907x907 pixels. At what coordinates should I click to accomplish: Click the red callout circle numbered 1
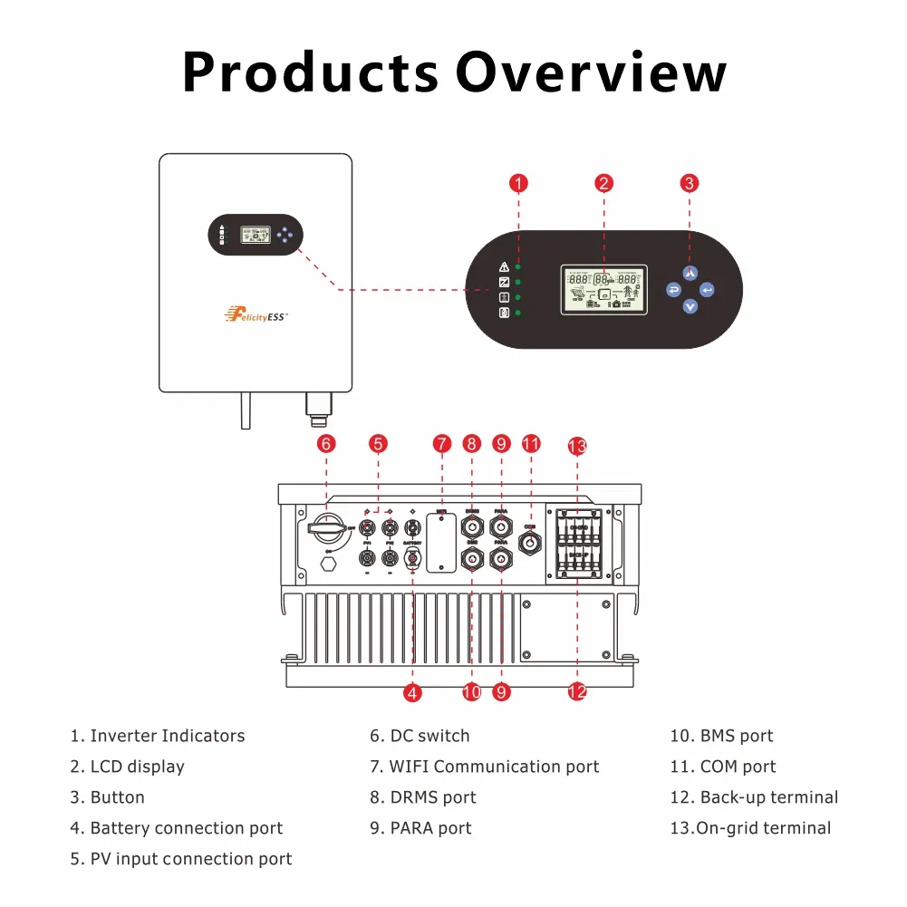(518, 184)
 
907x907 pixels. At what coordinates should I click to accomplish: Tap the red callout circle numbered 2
(604, 184)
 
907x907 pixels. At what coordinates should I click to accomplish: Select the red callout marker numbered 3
(690, 184)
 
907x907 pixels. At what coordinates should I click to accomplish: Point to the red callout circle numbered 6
(326, 444)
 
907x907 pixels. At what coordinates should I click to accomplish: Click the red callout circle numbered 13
(577, 446)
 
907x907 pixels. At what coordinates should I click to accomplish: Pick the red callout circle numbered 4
(413, 693)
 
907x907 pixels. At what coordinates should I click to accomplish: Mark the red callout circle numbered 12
(577, 693)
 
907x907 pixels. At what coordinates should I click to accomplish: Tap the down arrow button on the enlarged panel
(690, 307)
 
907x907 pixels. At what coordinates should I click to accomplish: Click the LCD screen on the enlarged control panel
(604, 290)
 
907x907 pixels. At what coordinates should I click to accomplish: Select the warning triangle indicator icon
(505, 267)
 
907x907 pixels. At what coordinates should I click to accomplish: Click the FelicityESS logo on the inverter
(255, 316)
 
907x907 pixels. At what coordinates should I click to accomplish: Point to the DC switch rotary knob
(327, 527)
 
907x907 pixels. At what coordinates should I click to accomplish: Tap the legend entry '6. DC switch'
(420, 736)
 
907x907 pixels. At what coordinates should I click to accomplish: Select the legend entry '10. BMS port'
(721, 736)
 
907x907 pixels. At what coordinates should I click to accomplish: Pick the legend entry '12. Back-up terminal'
(754, 797)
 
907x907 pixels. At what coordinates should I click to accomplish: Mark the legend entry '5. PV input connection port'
(181, 859)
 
